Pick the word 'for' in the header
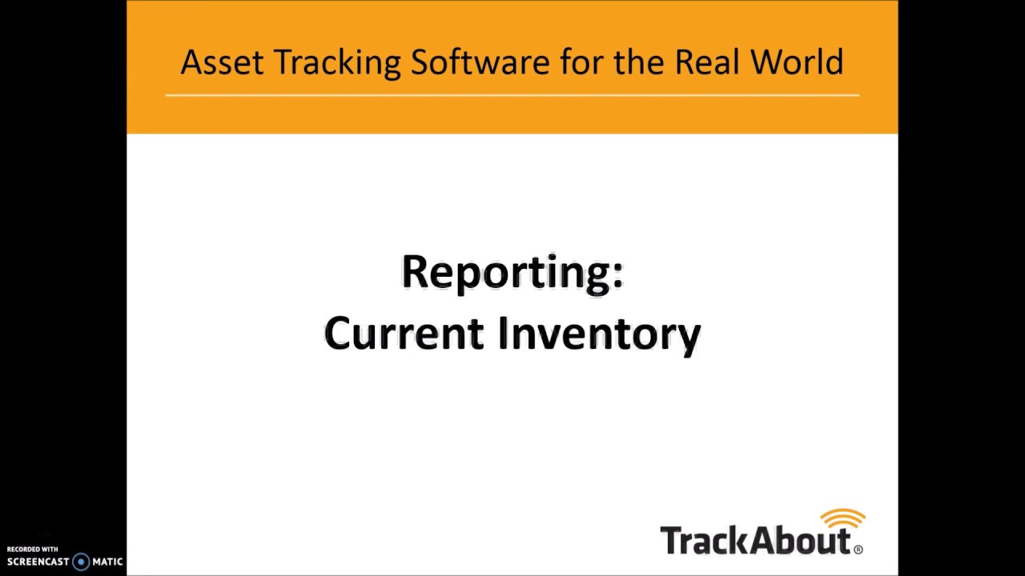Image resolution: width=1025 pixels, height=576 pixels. click(x=581, y=62)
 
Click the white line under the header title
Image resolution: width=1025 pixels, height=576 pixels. click(x=512, y=95)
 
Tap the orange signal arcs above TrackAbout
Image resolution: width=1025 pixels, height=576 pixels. click(x=843, y=518)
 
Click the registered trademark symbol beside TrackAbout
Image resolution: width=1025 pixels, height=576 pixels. click(x=858, y=550)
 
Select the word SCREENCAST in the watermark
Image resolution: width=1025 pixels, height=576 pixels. click(x=38, y=562)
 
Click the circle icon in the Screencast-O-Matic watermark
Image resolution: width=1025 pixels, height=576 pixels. click(x=81, y=562)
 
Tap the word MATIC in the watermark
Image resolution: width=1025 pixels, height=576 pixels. click(x=107, y=562)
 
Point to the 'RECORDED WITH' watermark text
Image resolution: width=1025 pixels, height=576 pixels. click(x=33, y=550)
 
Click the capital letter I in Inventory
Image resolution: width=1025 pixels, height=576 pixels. click(x=504, y=333)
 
